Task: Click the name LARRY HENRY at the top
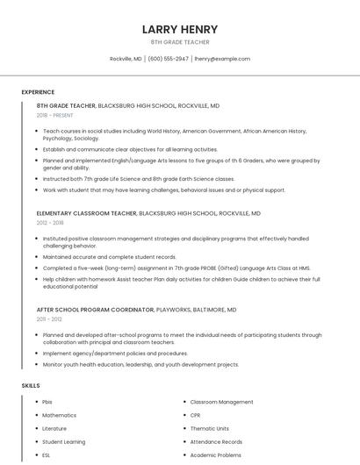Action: tap(180, 29)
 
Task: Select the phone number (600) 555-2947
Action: tap(168, 59)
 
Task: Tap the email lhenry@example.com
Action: tap(222, 59)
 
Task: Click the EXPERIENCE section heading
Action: tap(38, 92)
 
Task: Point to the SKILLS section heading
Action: tap(30, 385)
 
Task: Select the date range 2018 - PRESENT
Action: tap(55, 115)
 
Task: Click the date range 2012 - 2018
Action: tap(49, 223)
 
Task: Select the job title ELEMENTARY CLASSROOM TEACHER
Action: tap(86, 213)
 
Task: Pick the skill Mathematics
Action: tap(59, 415)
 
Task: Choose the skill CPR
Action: tap(196, 415)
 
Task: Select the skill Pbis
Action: tap(47, 401)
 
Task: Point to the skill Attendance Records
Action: tap(216, 442)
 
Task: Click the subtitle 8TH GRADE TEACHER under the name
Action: tap(180, 42)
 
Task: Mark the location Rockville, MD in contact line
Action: tap(126, 59)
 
